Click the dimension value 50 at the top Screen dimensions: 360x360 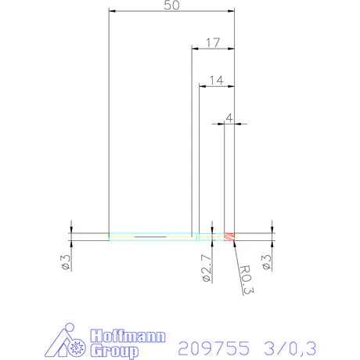pyautogui.click(x=171, y=5)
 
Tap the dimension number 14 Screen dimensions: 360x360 pyautogui.click(x=217, y=79)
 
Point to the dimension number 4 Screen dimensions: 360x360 pyautogui.click(x=229, y=117)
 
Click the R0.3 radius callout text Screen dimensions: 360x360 pyautogui.click(x=246, y=278)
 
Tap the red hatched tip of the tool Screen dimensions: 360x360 pyautogui.click(x=229, y=236)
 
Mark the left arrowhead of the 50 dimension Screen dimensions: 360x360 pyautogui.click(x=113, y=11)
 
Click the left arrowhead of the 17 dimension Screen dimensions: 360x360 pyautogui.click(x=196, y=49)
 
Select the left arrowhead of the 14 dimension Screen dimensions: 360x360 pyautogui.click(x=203, y=85)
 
